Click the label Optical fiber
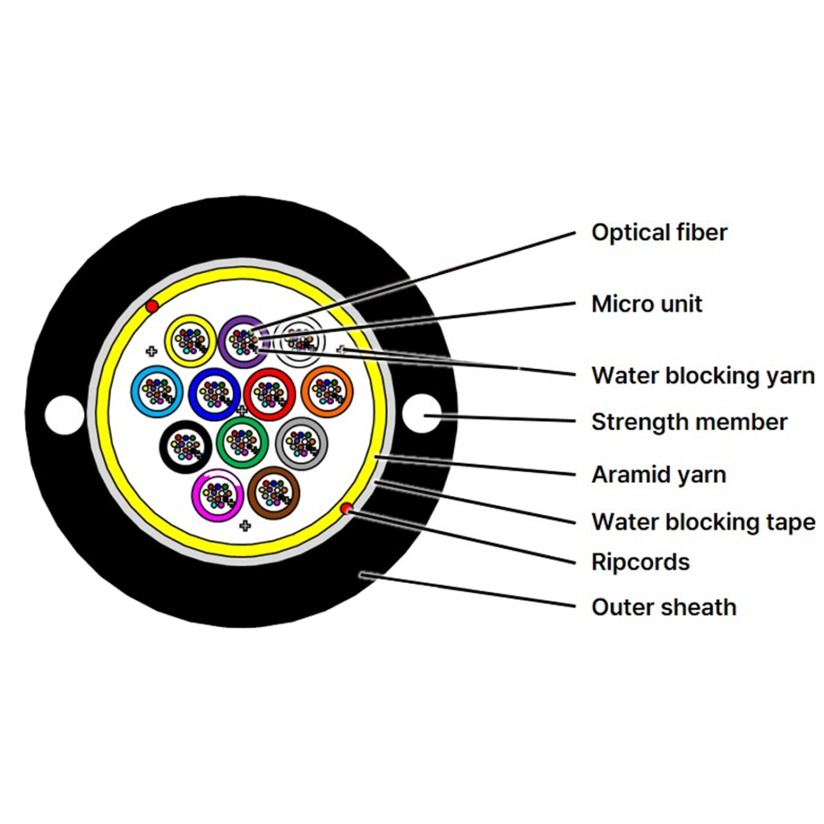click(659, 233)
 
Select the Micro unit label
click(646, 304)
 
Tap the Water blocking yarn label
click(703, 375)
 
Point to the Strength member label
click(689, 422)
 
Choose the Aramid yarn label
click(658, 475)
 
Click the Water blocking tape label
click(703, 522)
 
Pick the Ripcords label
click(640, 562)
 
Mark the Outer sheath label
click(664, 607)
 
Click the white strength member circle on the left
click(65, 415)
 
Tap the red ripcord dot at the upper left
click(152, 307)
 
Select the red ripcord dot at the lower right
click(346, 509)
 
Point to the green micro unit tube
click(221, 443)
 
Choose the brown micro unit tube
click(253, 493)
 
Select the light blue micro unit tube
click(135, 392)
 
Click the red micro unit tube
click(249, 394)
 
